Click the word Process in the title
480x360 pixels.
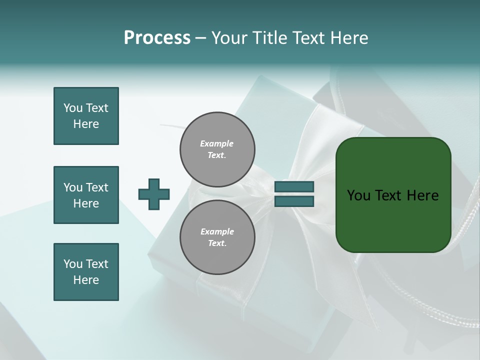(x=157, y=38)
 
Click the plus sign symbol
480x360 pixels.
(x=154, y=194)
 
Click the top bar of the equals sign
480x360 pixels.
(x=294, y=187)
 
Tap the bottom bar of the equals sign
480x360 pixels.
(x=294, y=201)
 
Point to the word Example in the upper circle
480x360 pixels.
(x=217, y=143)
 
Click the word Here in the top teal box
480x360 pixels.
(x=86, y=124)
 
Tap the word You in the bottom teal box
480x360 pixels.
(x=72, y=264)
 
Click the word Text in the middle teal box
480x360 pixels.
(x=97, y=187)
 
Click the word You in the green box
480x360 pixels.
(x=358, y=195)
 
